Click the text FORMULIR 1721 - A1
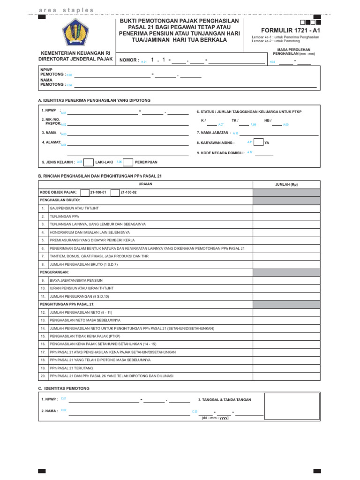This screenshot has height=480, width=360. click(x=293, y=30)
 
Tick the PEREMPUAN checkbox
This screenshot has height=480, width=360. click(x=128, y=162)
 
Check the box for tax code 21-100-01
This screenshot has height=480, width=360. click(x=84, y=192)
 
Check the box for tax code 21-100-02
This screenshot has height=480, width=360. click(x=115, y=192)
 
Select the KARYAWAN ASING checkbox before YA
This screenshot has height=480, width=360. click(x=258, y=142)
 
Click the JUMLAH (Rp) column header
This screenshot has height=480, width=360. click(x=286, y=185)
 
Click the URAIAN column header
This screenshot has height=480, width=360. click(x=146, y=184)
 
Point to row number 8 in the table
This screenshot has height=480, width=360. click(x=43, y=264)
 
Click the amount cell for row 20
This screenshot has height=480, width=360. click(x=286, y=375)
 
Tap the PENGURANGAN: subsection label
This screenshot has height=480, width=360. click(x=54, y=272)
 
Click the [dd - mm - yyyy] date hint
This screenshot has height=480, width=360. click(x=215, y=418)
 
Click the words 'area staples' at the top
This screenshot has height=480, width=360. click(x=67, y=10)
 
